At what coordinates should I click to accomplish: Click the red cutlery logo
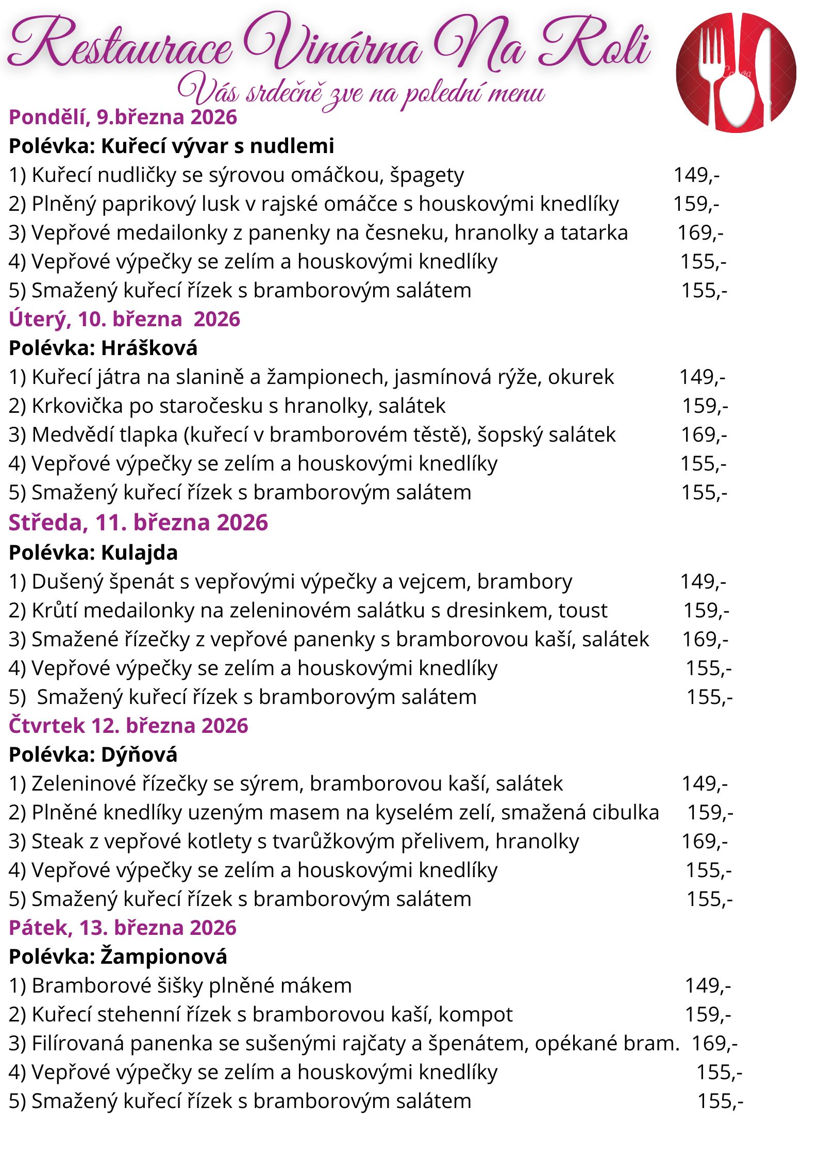pos(736,72)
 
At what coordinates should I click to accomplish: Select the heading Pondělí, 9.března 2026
pos(123,118)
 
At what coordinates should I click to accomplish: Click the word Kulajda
pos(139,552)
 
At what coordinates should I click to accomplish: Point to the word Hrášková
pos(149,348)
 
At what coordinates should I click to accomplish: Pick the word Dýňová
pos(139,754)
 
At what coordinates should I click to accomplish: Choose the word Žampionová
pos(163,957)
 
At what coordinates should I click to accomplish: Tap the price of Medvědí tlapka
pos(704,435)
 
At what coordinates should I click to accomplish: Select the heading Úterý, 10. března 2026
pos(124,320)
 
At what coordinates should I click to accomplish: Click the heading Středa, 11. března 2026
pos(138,523)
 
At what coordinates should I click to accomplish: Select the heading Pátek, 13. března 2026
pos(123,928)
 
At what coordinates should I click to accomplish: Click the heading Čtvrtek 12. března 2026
pos(128,726)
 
